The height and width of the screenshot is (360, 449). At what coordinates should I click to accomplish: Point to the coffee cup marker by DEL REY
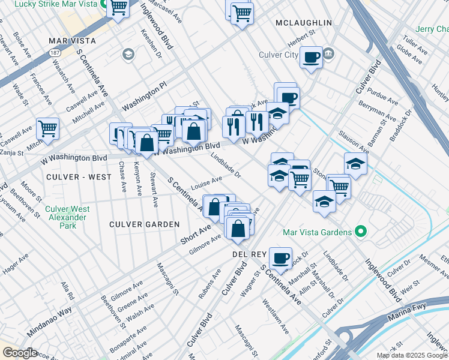280,258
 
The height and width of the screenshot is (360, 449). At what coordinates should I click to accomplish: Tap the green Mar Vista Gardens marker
360,232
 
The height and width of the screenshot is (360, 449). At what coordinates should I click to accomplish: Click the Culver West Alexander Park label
68,217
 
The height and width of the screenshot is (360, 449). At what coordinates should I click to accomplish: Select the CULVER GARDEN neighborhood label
144,224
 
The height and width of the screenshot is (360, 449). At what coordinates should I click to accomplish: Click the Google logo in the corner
20,353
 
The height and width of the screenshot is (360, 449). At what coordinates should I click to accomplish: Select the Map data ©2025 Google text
412,355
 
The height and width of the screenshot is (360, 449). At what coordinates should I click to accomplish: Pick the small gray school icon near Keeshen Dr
128,55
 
